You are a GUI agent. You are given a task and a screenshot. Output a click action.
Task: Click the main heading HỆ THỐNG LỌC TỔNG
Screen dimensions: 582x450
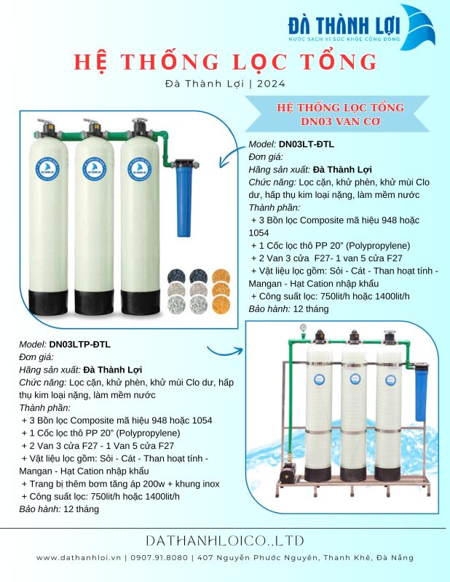(225, 61)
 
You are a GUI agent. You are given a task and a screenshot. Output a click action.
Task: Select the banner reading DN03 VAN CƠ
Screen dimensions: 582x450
(341, 114)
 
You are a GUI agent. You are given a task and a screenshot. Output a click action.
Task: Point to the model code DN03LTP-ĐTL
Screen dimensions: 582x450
(80, 344)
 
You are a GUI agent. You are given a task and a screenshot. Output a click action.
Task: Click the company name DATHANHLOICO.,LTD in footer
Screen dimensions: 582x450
(225, 541)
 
